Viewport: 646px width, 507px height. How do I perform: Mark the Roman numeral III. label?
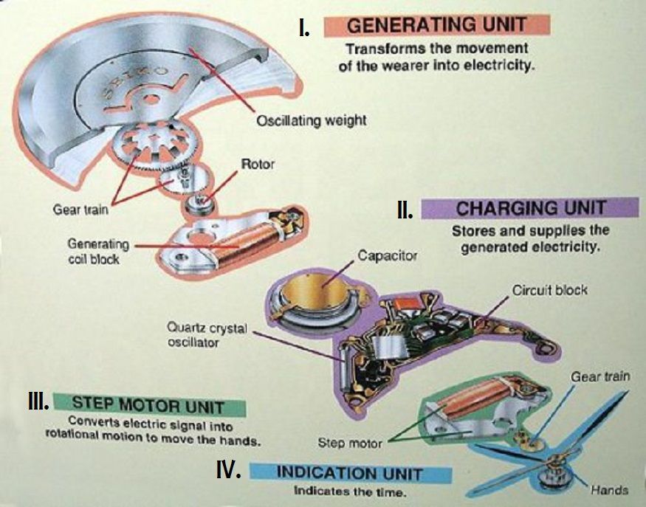point(38,402)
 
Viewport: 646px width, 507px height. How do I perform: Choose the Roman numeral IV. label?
point(228,469)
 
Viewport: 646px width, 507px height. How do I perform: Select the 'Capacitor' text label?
point(388,256)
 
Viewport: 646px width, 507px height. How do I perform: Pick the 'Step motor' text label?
point(350,444)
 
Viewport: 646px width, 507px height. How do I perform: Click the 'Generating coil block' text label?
point(98,251)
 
